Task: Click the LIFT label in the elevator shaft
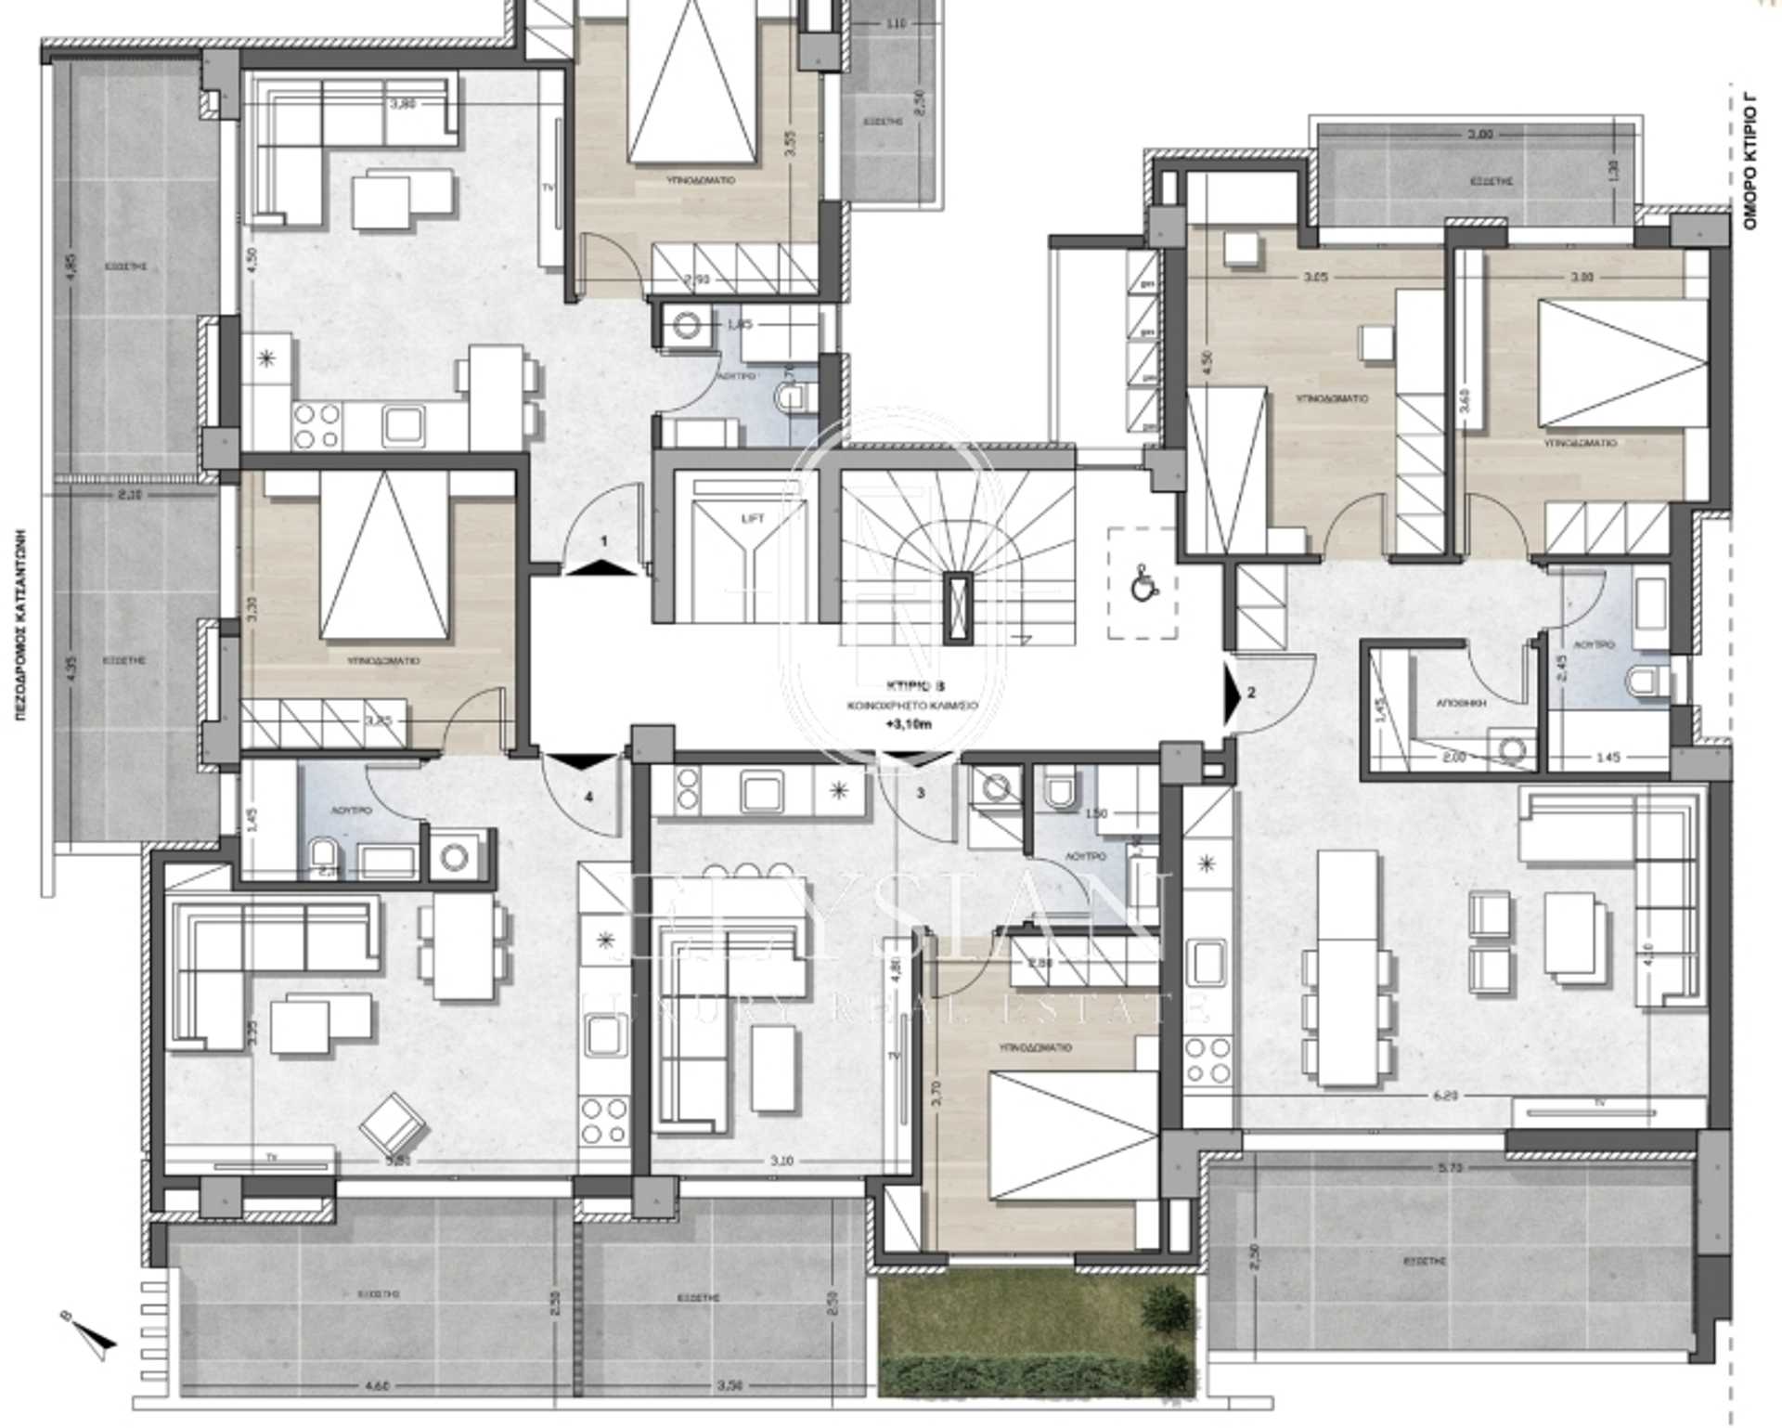(754, 518)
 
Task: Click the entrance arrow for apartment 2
(1233, 692)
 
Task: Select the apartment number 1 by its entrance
(604, 540)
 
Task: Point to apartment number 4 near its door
(588, 796)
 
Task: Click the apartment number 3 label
(921, 793)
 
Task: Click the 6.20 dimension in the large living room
(1446, 1096)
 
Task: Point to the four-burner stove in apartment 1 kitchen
(316, 426)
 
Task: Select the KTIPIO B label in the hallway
(914, 688)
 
